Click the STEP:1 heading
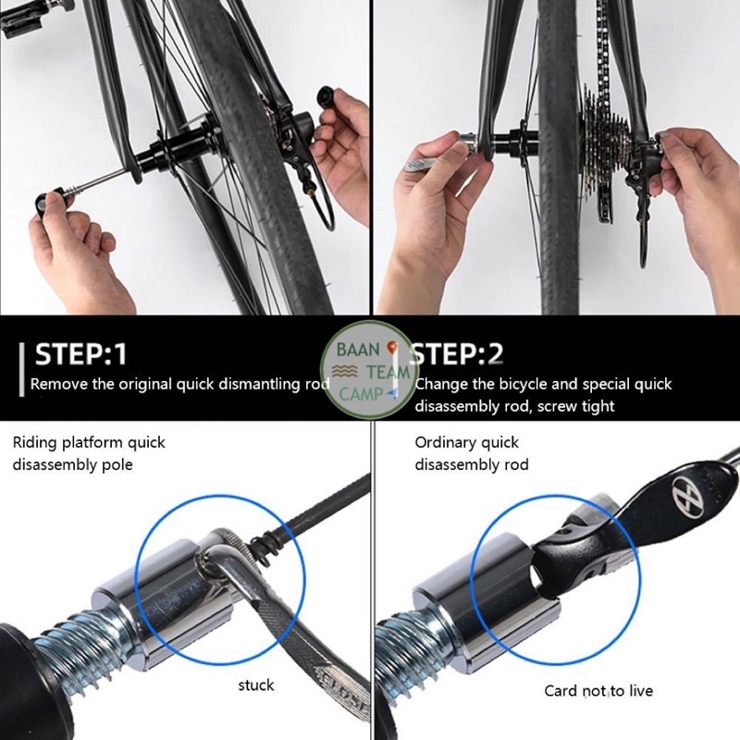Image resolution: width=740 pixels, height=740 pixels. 80,354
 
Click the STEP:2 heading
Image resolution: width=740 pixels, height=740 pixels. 457,354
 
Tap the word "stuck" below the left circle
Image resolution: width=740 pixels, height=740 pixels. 256,684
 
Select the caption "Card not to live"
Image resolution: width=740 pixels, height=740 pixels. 598,691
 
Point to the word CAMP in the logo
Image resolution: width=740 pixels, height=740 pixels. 361,394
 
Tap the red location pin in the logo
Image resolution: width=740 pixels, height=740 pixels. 391,349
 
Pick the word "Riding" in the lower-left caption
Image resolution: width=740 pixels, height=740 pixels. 34,443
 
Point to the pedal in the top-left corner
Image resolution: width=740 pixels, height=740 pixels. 18,18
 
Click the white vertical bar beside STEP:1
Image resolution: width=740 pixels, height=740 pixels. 21,369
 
